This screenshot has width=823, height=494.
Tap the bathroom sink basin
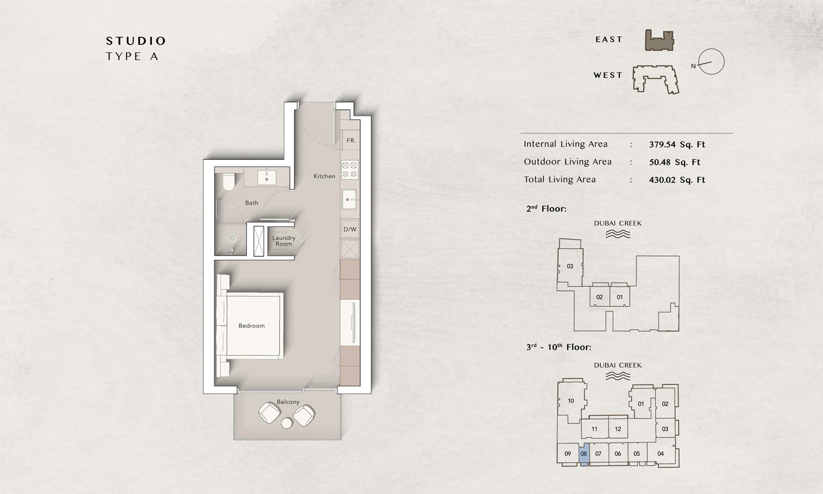pos(267,178)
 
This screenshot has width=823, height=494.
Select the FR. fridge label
pos(351,141)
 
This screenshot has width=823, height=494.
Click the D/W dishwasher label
pos(350,229)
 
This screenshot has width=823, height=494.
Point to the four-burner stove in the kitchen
pos(350,170)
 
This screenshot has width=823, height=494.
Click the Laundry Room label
pos(284,241)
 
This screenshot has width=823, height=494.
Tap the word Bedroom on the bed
pos(251,326)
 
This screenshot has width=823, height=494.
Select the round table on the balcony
pos(287,423)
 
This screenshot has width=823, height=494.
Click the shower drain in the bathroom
pos(232,238)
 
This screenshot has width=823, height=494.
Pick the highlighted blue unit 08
pos(584,454)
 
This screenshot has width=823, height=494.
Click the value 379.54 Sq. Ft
pos(677,145)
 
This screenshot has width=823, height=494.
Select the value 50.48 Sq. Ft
pos(674,162)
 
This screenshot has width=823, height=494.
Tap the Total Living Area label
pos(560,179)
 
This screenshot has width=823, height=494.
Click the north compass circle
pos(712,62)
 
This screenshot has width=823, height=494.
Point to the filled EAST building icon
pos(659,41)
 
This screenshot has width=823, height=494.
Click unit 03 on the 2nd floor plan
pos(570,266)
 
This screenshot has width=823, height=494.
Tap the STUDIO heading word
pos(136,41)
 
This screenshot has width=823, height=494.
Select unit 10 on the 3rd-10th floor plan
pos(571,401)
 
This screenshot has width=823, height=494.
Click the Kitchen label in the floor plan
pos(324,176)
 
